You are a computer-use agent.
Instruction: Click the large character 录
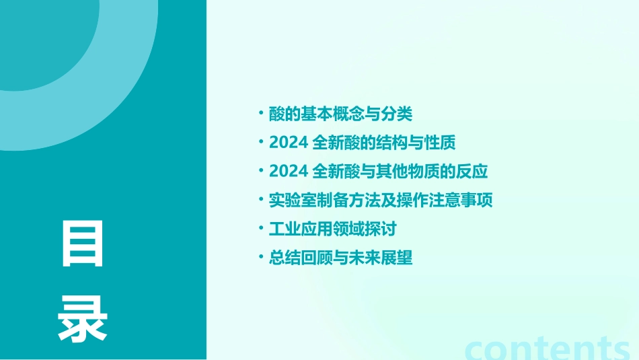pyautogui.click(x=83, y=319)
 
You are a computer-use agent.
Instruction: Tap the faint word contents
pyautogui.click(x=548, y=349)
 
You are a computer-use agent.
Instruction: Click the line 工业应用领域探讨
pyautogui.click(x=332, y=229)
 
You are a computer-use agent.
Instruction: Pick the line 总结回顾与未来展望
pyautogui.click(x=340, y=258)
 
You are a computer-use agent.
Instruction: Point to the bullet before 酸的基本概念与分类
pyautogui.click(x=261, y=112)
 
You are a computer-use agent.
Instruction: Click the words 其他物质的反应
pyautogui.click(x=430, y=172)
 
